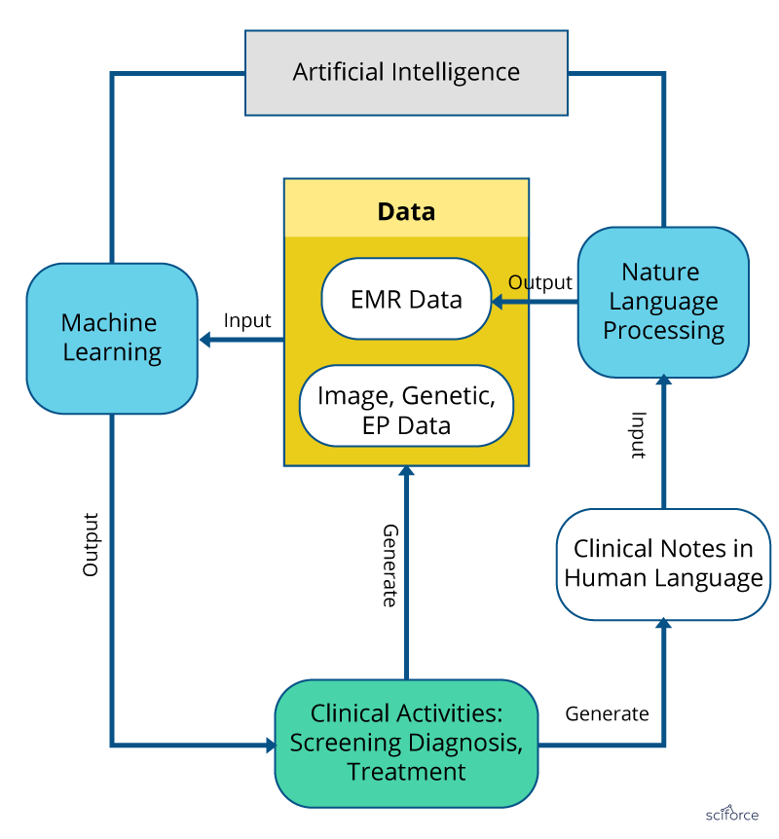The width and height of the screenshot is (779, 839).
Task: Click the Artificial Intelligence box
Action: point(406,73)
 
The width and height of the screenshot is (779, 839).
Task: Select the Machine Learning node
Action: point(111,338)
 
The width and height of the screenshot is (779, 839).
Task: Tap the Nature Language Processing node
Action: point(663,301)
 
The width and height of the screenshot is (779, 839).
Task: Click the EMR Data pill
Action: point(406,299)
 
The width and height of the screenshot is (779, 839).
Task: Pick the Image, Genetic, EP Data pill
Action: point(406,410)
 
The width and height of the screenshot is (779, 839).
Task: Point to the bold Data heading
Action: point(406,211)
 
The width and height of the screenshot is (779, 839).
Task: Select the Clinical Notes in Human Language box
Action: point(663,564)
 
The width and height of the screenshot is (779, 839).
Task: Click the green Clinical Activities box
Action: point(406,743)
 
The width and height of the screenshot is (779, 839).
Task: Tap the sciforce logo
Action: point(732,813)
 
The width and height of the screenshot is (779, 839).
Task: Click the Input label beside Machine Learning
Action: point(247,320)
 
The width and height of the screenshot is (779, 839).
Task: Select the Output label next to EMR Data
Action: point(540,282)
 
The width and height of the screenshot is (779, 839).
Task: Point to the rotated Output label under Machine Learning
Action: point(91,544)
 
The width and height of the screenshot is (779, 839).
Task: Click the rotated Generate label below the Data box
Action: point(389,565)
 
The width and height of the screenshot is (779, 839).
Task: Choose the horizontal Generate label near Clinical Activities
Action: point(607,713)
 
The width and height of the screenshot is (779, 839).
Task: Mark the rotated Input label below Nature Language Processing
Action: point(638,435)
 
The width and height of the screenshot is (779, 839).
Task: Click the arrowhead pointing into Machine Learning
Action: point(205,340)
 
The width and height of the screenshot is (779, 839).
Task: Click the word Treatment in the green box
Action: point(406,772)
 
